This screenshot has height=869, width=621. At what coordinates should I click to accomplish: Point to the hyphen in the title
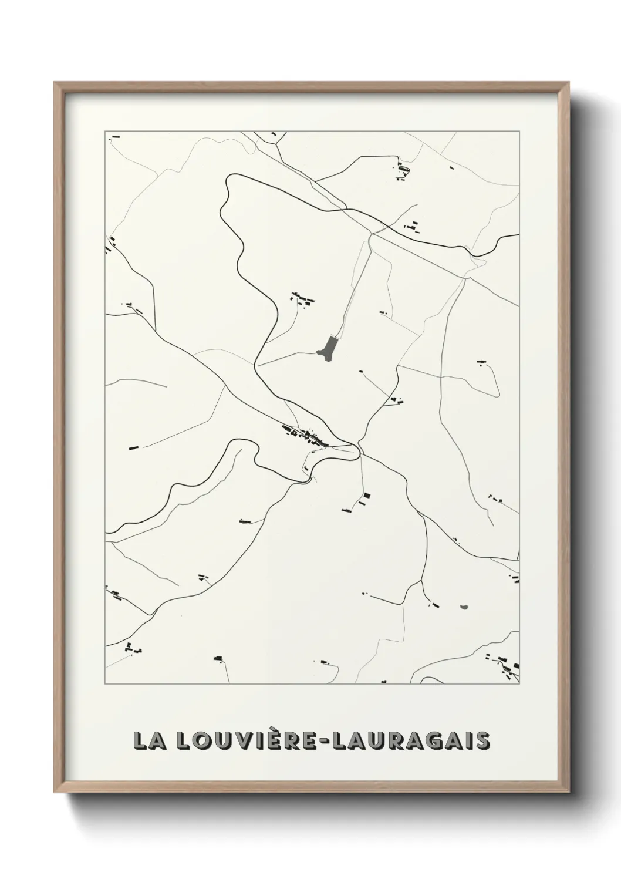[x=326, y=741]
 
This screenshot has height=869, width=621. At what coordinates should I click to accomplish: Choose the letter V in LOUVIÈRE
[x=248, y=740]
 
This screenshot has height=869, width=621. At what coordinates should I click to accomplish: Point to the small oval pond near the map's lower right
[x=464, y=607]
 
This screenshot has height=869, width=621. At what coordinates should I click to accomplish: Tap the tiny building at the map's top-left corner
[x=116, y=136]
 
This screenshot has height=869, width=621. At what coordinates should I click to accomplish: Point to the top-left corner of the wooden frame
[x=55, y=83]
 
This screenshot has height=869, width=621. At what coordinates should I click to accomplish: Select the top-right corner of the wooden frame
[x=566, y=83]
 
